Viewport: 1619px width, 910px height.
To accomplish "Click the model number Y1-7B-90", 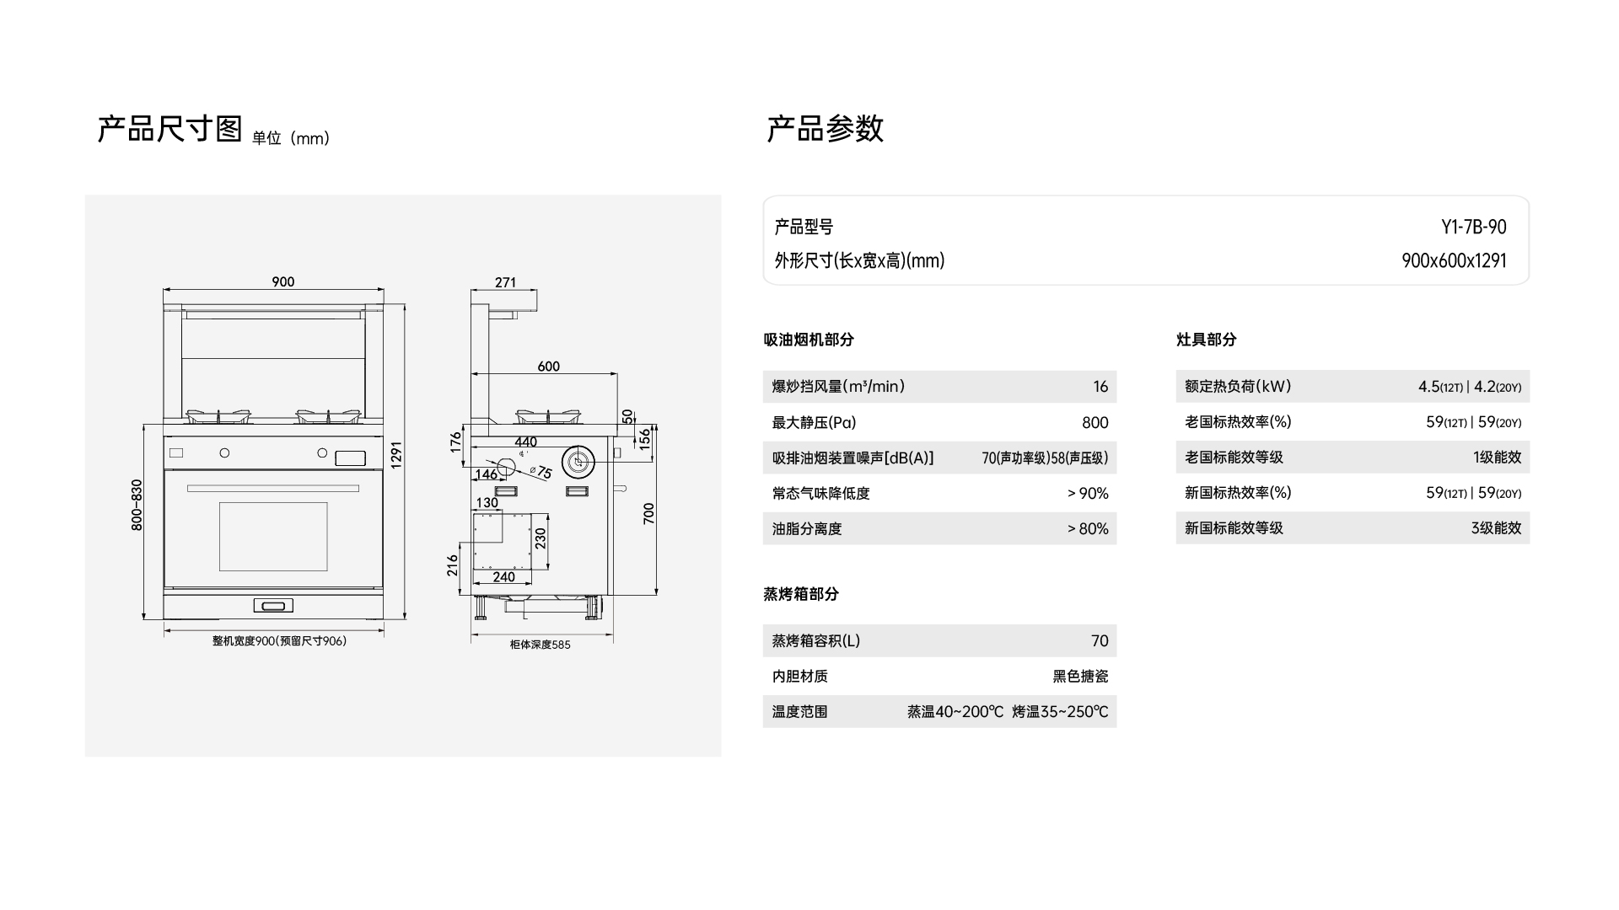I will [x=1473, y=227].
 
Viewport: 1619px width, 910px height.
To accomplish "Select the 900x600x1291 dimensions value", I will [x=1454, y=261].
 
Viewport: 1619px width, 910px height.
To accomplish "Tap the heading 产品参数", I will [x=825, y=129].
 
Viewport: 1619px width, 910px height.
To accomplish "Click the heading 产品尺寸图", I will [x=170, y=129].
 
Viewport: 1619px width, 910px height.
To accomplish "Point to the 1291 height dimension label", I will [x=396, y=455].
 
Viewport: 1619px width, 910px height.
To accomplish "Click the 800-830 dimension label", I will [x=137, y=505].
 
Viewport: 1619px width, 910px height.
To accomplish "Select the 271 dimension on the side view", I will [x=505, y=282].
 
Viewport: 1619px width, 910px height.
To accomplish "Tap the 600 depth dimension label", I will [x=548, y=367].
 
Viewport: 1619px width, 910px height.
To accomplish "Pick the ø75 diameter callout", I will [x=541, y=473].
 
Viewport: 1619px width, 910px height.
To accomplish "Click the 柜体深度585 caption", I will [x=540, y=645].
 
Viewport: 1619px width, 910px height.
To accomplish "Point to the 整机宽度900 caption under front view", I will [x=279, y=641].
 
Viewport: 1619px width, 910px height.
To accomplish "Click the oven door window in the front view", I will [x=273, y=537].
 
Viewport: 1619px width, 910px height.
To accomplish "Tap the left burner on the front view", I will [x=218, y=416].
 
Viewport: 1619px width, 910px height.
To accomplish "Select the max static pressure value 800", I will [x=1095, y=423].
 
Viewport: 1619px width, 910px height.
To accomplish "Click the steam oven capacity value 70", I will [x=1099, y=641].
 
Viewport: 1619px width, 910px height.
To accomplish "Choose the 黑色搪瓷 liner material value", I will [x=1080, y=677].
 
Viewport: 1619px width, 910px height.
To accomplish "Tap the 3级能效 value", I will [x=1496, y=528].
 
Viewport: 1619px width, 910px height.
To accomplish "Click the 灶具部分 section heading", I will [x=1206, y=340].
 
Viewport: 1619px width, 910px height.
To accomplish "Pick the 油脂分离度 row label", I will [x=807, y=529].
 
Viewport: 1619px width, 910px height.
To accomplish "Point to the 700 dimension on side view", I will [x=648, y=513].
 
